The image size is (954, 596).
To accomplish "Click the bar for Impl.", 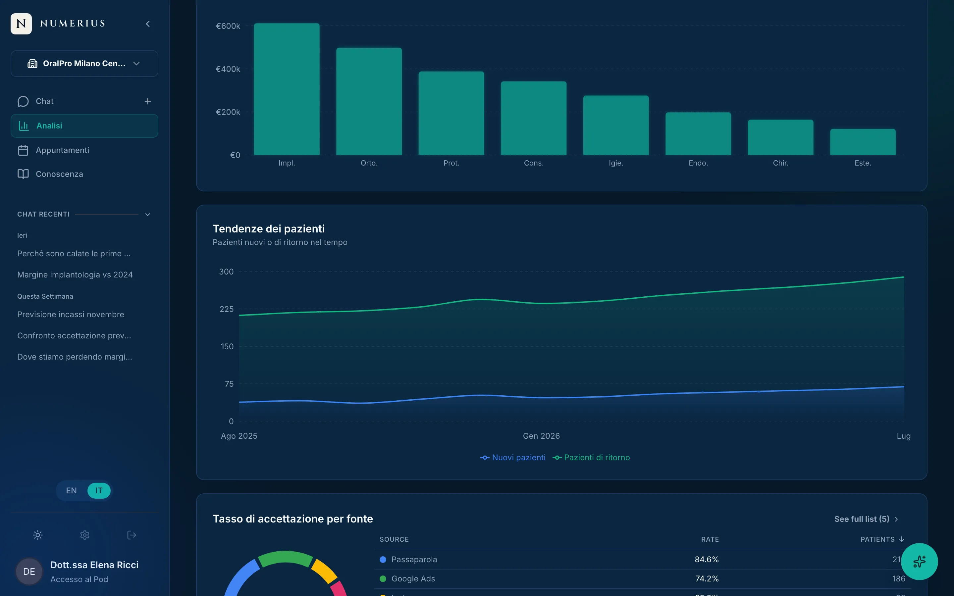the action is pos(287,89).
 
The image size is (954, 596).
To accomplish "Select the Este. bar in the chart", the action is pos(863,142).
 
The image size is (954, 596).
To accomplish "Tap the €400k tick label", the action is pos(228,69).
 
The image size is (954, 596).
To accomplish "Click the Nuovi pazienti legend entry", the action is pos(513,458).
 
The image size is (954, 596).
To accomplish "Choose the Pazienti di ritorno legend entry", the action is pos(591,458).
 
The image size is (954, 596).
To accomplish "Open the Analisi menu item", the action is pos(84,126).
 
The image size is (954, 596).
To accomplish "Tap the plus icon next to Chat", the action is pos(148,101).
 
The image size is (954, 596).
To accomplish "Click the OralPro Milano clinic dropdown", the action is pos(84,64).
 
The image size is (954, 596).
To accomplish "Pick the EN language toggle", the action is pos(71,491).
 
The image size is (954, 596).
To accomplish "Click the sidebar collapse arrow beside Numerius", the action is pos(148,24).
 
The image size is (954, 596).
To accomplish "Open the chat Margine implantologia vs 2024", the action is pos(75,275).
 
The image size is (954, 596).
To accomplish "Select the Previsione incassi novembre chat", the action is pos(71,315).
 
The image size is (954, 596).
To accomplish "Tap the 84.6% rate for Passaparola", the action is pos(707,559).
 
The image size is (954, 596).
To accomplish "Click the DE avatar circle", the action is pos(29,571).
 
